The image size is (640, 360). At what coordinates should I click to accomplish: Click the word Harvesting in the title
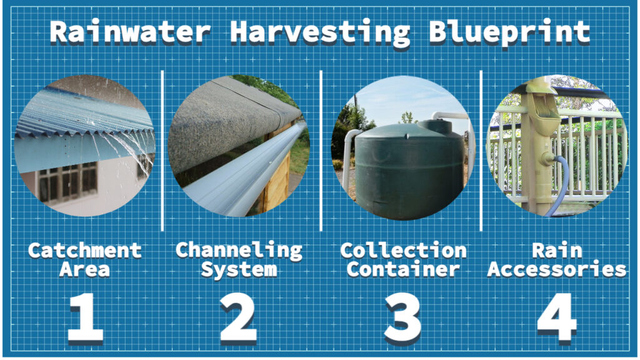coord(320,32)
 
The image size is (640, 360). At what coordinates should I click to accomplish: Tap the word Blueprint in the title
coord(509,32)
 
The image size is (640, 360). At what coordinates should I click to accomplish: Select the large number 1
coord(86,319)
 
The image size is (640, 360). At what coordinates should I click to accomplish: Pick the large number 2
coord(238,319)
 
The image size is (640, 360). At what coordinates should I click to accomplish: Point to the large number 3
coord(402,319)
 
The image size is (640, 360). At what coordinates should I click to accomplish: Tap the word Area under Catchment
coord(85,271)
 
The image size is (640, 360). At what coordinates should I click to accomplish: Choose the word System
coord(239,271)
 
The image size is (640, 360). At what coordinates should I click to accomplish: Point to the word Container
coord(403,271)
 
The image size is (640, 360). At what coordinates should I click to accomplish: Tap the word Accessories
coord(557,271)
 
